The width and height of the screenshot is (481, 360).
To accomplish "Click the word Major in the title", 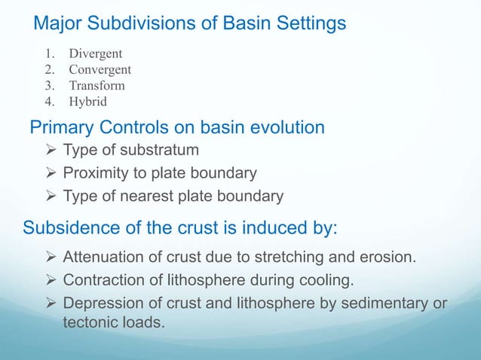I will pos(57,24).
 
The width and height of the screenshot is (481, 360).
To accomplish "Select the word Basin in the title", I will pos(251,24).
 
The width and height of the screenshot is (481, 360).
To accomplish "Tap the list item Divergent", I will pos(96,54).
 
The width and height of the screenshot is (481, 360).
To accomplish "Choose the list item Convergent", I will pos(100,70).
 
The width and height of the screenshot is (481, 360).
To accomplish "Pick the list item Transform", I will pos(97,85).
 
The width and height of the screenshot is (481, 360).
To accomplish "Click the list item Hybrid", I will pos(88,101).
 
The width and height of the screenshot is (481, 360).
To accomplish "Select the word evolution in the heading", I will pos(284,128).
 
